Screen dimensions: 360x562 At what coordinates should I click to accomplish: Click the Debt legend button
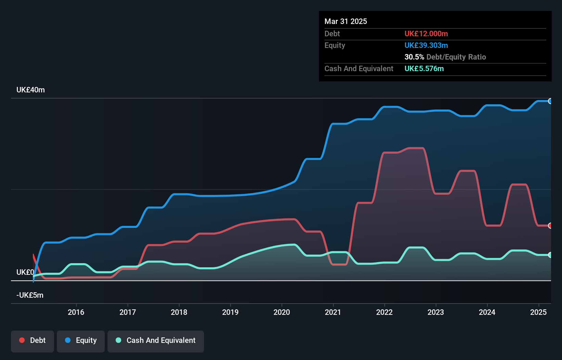[33, 340]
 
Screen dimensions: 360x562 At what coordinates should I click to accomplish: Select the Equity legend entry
[81, 340]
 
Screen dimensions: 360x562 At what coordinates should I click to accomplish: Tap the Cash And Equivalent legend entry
[156, 340]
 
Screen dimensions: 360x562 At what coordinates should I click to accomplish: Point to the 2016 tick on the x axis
[76, 312]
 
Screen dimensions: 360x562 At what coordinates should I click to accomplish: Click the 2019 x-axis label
[230, 312]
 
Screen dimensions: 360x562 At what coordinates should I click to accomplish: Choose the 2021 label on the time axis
[333, 312]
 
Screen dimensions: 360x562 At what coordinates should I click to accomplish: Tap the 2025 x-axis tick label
[538, 312]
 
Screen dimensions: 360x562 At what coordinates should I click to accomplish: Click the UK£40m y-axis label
[30, 90]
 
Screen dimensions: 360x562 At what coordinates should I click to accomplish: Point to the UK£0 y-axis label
[25, 272]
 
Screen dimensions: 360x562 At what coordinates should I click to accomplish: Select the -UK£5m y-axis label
[30, 295]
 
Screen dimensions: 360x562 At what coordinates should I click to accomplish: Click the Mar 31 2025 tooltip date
[346, 22]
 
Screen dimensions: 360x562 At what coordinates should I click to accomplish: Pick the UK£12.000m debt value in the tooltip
[426, 34]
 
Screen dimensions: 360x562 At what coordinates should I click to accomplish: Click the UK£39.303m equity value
[426, 46]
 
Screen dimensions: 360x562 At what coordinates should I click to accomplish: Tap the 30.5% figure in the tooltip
[414, 57]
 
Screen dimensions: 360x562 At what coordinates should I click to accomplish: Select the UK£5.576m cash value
[424, 69]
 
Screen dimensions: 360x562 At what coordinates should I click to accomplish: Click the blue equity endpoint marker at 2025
[550, 101]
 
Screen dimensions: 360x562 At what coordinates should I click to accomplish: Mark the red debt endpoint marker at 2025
[550, 226]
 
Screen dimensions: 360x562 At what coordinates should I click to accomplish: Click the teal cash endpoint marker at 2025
[550, 255]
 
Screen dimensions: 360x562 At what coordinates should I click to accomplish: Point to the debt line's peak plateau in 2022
[416, 148]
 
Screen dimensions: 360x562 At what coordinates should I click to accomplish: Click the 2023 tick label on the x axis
[436, 312]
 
